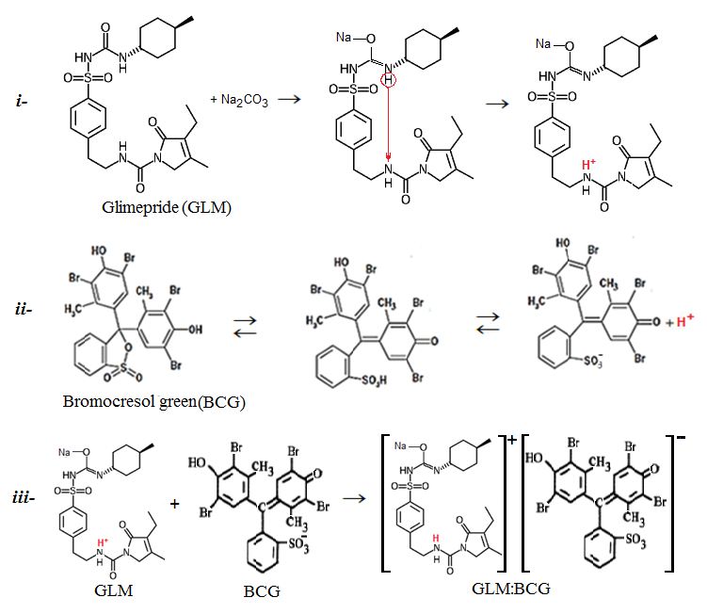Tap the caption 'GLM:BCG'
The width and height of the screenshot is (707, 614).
tap(514, 590)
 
